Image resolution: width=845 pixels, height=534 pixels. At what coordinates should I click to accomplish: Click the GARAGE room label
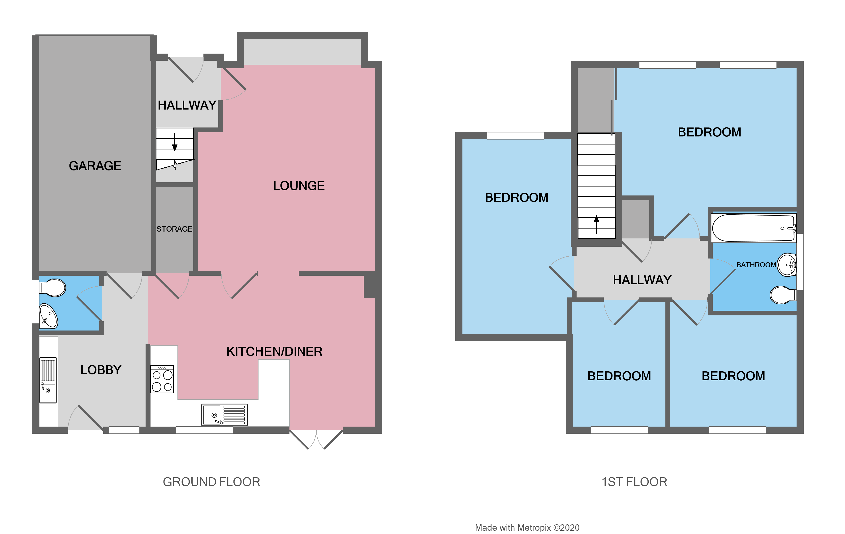[x=95, y=166]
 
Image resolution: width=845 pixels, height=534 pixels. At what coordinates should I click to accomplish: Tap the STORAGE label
[x=174, y=229]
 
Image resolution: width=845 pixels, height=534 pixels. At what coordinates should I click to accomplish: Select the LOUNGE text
[x=299, y=186]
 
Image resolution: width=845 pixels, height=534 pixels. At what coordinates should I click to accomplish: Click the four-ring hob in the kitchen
[x=162, y=379]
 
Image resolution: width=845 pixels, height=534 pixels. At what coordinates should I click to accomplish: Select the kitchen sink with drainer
[x=224, y=415]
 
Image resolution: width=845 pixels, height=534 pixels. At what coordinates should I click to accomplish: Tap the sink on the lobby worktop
[x=48, y=380]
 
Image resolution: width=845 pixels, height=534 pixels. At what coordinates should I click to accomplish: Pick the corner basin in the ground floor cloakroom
[x=48, y=316]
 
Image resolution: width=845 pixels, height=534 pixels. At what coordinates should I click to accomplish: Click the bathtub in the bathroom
[x=753, y=228]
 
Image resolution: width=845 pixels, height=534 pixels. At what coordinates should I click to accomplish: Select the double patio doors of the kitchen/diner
[x=316, y=439]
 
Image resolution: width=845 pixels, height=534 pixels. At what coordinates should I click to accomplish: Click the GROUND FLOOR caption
[x=211, y=482]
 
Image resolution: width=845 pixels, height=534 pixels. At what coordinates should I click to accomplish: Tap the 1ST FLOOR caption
[x=634, y=482]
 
